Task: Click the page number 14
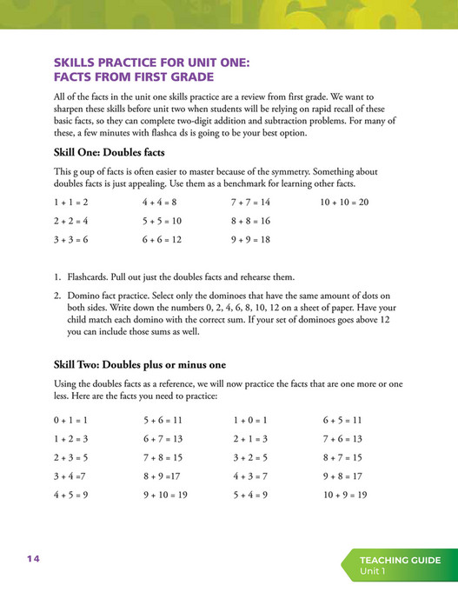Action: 33,559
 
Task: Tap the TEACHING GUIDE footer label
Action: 401,561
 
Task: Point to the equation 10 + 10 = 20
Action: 345,202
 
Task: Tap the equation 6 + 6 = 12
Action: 163,240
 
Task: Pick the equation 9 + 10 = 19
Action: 165,495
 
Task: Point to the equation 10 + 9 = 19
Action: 345,495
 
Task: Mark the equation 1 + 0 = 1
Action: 250,420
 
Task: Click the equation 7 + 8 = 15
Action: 163,457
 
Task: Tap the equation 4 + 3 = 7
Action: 250,476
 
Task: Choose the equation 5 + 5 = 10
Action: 163,221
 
